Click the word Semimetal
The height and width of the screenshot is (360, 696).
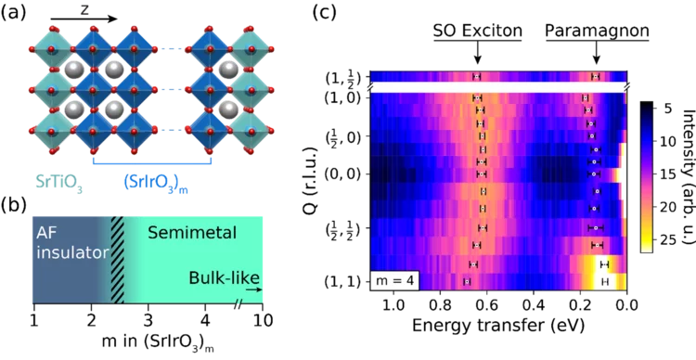(x=192, y=233)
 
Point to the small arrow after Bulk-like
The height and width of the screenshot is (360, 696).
(x=255, y=289)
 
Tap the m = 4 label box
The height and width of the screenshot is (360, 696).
(x=394, y=278)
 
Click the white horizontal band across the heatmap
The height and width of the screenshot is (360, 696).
(x=497, y=86)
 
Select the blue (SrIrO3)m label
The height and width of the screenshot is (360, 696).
(x=156, y=183)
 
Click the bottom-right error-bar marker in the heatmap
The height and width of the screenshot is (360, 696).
(x=605, y=281)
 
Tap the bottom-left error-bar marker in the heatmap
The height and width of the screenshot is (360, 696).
(x=467, y=280)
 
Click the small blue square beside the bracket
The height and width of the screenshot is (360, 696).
(x=221, y=146)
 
